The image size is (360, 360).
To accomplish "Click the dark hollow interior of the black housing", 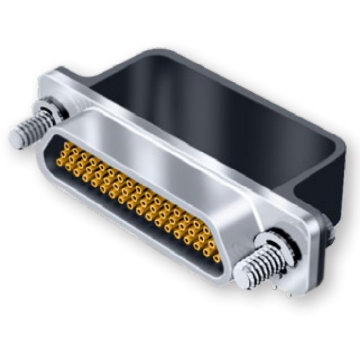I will (x=206, y=108).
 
